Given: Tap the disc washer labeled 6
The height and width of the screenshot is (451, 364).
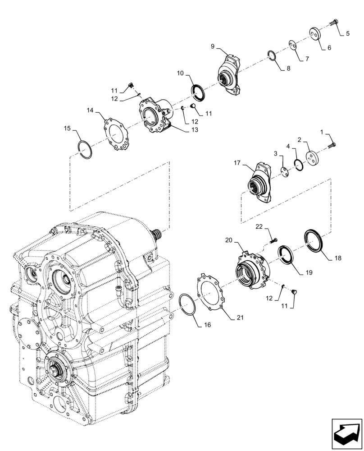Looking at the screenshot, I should [315, 35].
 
